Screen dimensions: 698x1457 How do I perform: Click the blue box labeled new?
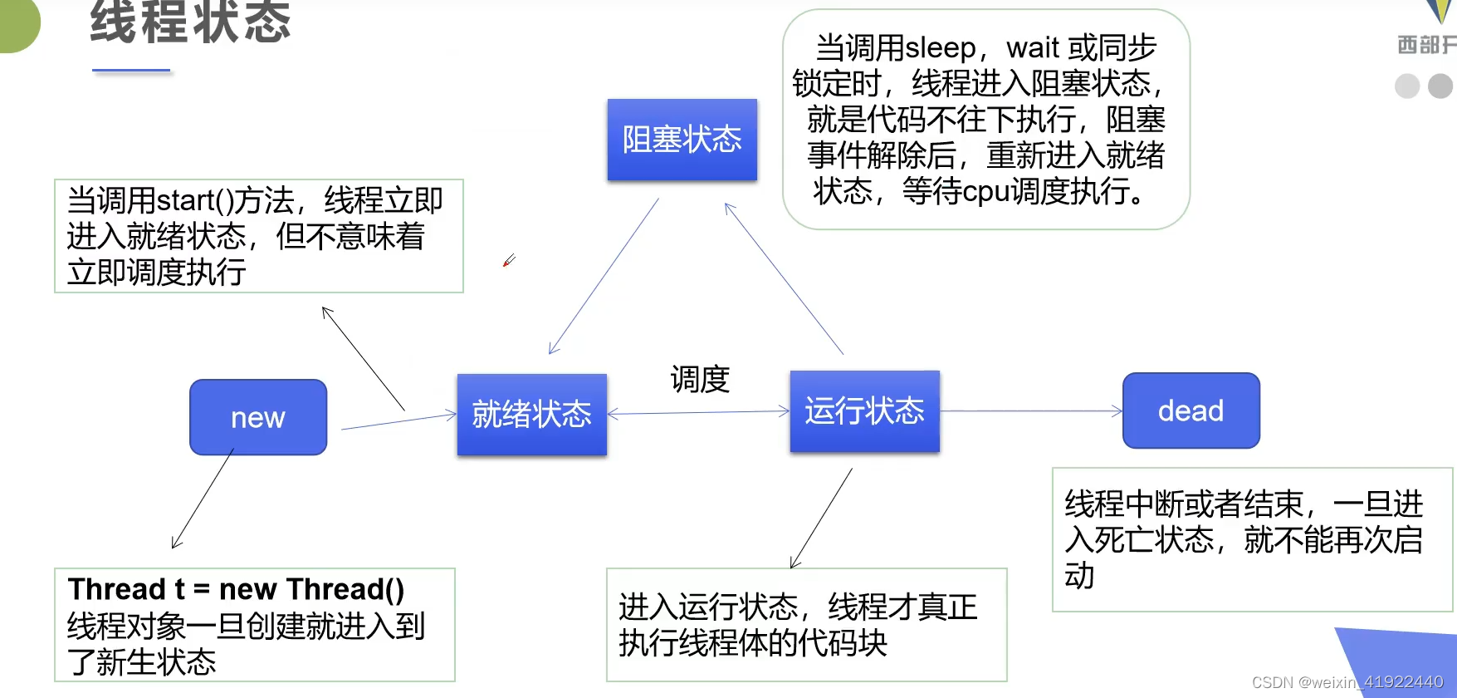tap(258, 417)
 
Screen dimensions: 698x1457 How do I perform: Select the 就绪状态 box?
tap(531, 414)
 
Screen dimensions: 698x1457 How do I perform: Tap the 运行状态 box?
tap(864, 410)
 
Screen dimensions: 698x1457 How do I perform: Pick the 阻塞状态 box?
tap(682, 139)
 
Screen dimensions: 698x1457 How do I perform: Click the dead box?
tap(1191, 410)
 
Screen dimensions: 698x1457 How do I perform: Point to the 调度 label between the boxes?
tap(700, 380)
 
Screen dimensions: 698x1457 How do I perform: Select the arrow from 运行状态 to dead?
tap(1029, 410)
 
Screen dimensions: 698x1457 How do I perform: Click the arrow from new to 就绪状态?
tap(398, 421)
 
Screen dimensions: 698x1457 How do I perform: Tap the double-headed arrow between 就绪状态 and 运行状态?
tap(698, 412)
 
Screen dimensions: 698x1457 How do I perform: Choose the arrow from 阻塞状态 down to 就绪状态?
tap(604, 276)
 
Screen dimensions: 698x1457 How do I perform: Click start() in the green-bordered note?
tap(196, 200)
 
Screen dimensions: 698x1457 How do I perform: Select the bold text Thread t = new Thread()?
tap(236, 589)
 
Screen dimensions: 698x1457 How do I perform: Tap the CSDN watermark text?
tap(1347, 682)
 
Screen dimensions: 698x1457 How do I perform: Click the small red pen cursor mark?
tap(509, 261)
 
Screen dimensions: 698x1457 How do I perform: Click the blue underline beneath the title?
tap(131, 71)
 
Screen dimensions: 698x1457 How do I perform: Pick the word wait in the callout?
tap(1033, 48)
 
